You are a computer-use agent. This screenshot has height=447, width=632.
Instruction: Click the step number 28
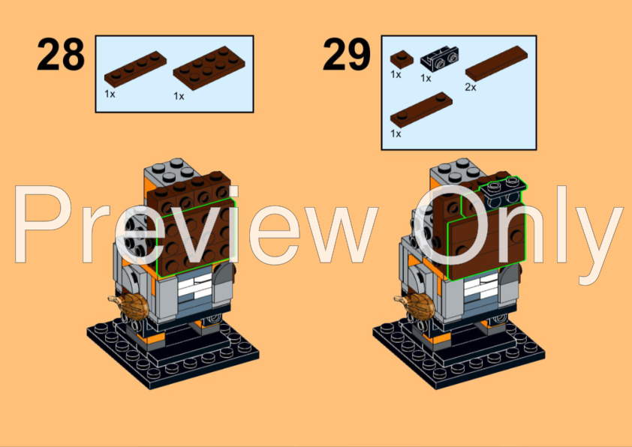click(x=62, y=55)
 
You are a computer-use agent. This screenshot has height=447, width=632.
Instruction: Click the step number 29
click(x=347, y=55)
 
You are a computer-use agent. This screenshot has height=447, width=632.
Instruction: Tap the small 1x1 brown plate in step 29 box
click(x=399, y=56)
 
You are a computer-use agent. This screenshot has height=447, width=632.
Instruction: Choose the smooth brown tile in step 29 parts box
click(x=496, y=61)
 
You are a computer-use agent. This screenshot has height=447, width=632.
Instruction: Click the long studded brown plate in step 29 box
click(x=421, y=109)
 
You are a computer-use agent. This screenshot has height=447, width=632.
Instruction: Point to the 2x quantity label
click(x=471, y=87)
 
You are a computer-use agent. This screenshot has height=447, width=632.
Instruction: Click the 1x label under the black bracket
click(x=426, y=77)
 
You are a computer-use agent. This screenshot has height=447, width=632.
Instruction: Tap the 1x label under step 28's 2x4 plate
click(x=179, y=96)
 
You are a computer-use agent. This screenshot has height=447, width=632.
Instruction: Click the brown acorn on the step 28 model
click(x=131, y=307)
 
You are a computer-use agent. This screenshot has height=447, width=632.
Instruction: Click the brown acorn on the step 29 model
click(x=416, y=307)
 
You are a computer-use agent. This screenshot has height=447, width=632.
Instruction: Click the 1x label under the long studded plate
click(x=396, y=133)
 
